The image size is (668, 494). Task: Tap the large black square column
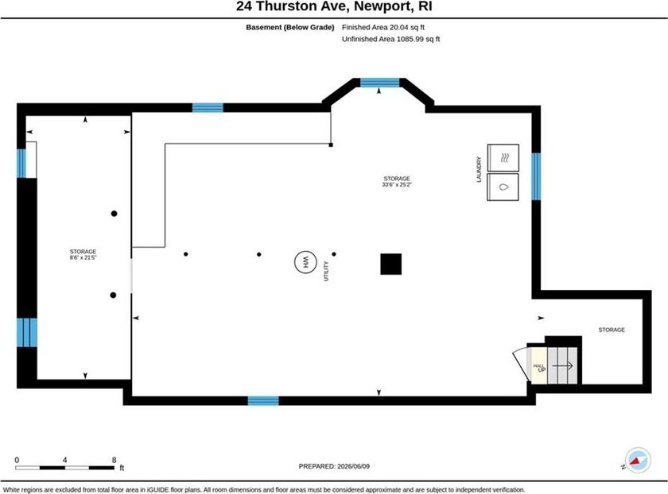(390, 264)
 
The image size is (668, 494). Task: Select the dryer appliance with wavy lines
(503, 158)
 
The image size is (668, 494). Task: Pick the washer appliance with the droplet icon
(503, 187)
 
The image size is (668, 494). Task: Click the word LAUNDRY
(479, 169)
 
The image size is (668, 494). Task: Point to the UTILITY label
(326, 271)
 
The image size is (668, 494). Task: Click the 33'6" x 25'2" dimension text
(397, 185)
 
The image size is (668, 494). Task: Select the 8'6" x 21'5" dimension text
(83, 257)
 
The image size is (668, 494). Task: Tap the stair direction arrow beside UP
(562, 365)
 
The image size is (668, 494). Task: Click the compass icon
(637, 460)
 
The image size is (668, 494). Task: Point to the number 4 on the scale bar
(64, 460)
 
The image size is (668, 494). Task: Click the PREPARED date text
(334, 466)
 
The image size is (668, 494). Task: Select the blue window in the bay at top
(379, 83)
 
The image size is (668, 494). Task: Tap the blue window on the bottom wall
(263, 400)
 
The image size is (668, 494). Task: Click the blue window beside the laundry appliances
(536, 176)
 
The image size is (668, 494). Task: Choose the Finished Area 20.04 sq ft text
(383, 27)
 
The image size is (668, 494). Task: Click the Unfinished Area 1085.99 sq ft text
(390, 39)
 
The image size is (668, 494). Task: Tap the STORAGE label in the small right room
(612, 330)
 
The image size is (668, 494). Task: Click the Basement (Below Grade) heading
(289, 27)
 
